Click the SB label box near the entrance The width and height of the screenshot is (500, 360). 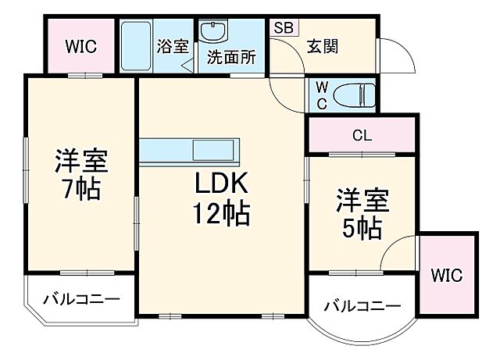click(283, 27)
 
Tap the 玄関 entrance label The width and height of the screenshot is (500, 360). click(322, 47)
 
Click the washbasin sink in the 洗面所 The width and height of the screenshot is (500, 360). click(212, 32)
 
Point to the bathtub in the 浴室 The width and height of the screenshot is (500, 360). click(138, 45)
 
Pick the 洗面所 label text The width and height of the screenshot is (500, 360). click(231, 57)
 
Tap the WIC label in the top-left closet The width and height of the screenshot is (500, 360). click(80, 46)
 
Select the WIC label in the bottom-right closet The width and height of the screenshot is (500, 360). click(448, 275)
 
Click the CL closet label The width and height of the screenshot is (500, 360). click(361, 135)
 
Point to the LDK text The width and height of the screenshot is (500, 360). click(222, 184)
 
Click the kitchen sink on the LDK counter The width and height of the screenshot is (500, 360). click(212, 149)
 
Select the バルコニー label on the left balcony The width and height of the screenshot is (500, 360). click(81, 299)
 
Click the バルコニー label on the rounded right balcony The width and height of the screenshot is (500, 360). click(361, 306)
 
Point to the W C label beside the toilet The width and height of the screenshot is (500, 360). click(321, 95)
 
